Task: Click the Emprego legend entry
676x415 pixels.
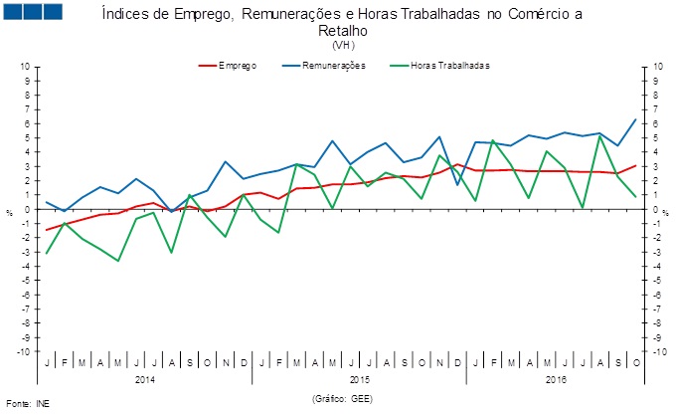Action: tap(237, 66)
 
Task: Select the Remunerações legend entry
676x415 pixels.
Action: tap(333, 66)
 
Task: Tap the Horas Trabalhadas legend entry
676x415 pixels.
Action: tap(448, 66)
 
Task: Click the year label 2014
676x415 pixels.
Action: tap(144, 379)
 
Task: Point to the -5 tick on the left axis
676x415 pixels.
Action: tap(27, 281)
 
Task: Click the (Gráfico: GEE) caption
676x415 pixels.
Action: tap(343, 397)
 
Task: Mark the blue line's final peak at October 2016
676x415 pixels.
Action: tap(635, 119)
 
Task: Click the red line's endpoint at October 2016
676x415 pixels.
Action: tap(635, 166)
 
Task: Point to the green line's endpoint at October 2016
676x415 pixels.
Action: tap(635, 197)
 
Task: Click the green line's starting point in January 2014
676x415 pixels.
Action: tap(46, 254)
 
